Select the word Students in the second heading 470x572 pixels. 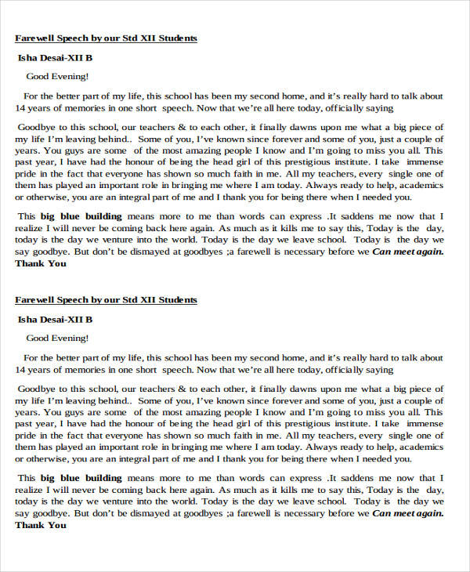(176, 300)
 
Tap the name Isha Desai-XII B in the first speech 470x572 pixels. (55, 57)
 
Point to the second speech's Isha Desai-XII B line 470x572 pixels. (55, 320)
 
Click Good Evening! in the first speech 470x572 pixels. (57, 76)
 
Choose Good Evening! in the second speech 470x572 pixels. (57, 338)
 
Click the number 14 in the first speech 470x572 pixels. (20, 107)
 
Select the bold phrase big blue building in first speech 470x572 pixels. (80, 215)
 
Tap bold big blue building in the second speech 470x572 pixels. (80, 478)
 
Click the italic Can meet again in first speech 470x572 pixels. (407, 252)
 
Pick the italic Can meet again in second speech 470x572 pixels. (407, 514)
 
